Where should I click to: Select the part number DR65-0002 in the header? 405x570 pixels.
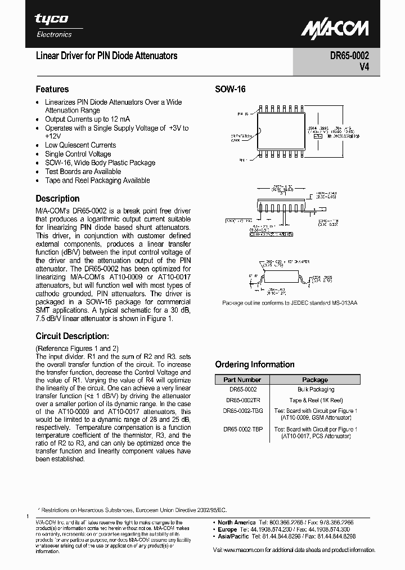pyautogui.click(x=349, y=56)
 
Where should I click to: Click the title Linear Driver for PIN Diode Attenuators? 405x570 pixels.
pyautogui.click(x=106, y=56)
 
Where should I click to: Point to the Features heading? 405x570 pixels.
pyautogui.click(x=52, y=89)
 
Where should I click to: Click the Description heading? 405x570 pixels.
pyautogui.click(x=57, y=198)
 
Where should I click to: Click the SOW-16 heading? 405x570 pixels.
pyautogui.click(x=230, y=89)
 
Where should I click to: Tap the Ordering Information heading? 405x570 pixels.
pyautogui.click(x=255, y=364)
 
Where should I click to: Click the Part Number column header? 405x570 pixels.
pyautogui.click(x=242, y=380)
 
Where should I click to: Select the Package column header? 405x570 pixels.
pyautogui.click(x=315, y=380)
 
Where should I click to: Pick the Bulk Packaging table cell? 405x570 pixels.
pyautogui.click(x=315, y=390)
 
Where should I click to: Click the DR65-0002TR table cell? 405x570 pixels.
pyautogui.click(x=242, y=400)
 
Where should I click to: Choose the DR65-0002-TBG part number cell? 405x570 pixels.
pyautogui.click(x=242, y=411)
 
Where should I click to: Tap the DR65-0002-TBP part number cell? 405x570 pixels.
pyautogui.click(x=242, y=429)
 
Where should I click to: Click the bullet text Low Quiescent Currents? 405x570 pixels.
pyautogui.click(x=80, y=145)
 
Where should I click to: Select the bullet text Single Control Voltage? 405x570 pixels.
pyautogui.click(x=78, y=154)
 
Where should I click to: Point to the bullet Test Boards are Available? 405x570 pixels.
pyautogui.click(x=83, y=172)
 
